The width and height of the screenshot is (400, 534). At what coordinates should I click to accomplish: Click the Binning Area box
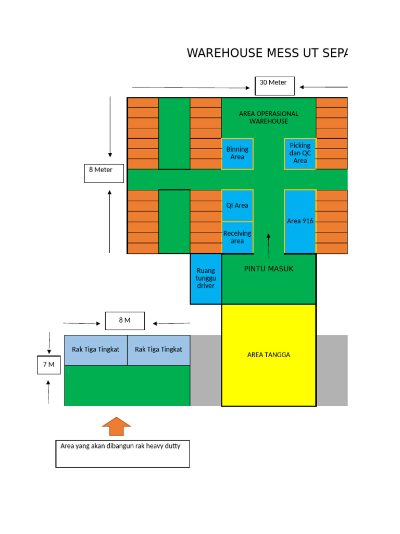[238, 153]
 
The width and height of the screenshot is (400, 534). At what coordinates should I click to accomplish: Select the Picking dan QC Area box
[300, 153]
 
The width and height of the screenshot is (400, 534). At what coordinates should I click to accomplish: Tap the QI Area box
[238, 205]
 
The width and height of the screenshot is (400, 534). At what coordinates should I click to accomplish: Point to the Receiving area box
[238, 237]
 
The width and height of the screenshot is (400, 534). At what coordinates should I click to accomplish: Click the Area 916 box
[300, 221]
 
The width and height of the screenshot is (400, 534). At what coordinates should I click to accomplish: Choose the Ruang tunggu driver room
[206, 278]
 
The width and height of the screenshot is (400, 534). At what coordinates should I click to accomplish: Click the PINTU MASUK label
[269, 269]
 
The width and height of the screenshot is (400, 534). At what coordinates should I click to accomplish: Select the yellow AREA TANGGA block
[269, 355]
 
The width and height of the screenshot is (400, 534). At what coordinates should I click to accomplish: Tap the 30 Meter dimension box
[274, 86]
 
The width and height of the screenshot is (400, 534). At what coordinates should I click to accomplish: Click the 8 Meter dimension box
[104, 173]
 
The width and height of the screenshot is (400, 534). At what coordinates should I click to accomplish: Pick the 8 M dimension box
[124, 321]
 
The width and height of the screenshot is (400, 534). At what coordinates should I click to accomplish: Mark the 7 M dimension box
[48, 365]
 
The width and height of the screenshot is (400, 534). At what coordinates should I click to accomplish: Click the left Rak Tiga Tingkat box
[96, 350]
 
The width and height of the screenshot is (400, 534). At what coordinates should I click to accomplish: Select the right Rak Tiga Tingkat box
[158, 350]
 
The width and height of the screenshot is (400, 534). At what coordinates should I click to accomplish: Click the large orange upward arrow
[117, 426]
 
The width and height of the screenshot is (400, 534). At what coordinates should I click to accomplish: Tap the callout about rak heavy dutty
[122, 454]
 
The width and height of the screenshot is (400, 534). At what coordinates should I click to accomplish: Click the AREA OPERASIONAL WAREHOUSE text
[269, 117]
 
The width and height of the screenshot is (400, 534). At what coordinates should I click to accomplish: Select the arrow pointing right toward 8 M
[82, 323]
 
